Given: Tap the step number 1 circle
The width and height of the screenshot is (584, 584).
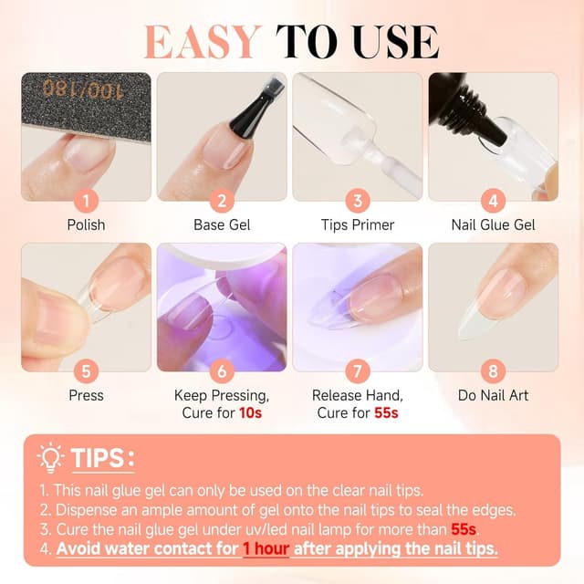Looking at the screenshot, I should tap(86, 200).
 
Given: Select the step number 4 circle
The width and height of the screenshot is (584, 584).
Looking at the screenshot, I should tap(494, 200).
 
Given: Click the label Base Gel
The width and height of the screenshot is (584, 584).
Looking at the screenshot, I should tap(222, 224).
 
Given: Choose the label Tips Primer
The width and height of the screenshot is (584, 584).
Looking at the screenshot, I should tap(358, 224).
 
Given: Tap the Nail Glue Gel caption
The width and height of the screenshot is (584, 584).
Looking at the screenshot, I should tap(494, 224).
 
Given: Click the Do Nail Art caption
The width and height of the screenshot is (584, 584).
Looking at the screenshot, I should tap(494, 395).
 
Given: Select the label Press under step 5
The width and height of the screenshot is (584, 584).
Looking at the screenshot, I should tap(86, 395).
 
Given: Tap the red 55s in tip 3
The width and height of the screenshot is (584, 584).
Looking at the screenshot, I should tap(463, 529).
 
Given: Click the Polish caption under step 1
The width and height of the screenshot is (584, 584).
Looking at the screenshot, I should tap(86, 224).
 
